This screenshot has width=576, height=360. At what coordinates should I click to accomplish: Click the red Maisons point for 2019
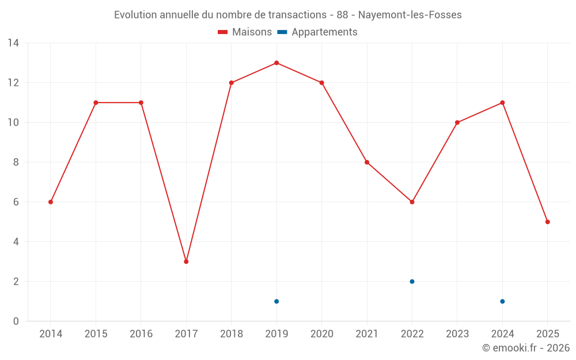276,63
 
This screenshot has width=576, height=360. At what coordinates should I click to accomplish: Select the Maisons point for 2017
186,262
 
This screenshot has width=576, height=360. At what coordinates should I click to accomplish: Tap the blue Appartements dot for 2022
412,282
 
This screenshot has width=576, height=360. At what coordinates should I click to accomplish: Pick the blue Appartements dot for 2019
276,301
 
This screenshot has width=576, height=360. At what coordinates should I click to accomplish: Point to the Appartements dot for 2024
502,301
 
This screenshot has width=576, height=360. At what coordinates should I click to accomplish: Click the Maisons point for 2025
547,222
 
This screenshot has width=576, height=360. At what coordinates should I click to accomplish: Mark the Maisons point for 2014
51,202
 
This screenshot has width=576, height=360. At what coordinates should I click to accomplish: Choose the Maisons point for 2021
367,162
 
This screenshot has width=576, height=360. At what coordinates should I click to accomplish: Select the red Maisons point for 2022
412,202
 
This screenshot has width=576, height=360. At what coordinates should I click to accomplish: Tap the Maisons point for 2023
457,123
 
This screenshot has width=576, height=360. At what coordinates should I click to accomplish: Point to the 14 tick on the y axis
13,43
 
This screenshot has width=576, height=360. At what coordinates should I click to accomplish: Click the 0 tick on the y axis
16,321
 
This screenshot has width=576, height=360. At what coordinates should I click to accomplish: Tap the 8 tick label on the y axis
16,162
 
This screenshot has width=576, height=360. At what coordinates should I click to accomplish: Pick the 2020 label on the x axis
321,334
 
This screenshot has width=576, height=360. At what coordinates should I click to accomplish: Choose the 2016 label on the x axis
141,334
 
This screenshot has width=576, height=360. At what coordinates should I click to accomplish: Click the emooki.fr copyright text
526,348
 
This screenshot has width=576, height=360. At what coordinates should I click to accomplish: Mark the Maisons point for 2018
232,83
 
